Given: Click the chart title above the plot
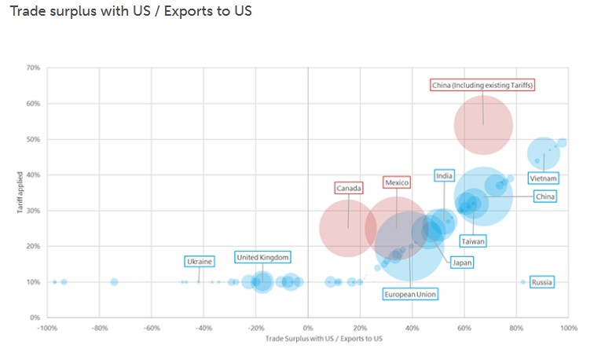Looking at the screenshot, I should tap(130, 13).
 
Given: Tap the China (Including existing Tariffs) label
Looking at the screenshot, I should tap(482, 85).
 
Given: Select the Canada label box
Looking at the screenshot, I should tap(348, 188).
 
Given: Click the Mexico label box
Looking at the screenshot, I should tap(397, 182).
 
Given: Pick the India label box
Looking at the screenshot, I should tap(444, 176).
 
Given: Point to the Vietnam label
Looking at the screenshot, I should tap(544, 178).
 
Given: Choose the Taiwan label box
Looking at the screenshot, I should tap(472, 241).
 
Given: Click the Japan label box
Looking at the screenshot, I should tap(461, 263).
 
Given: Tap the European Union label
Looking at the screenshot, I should tap(409, 294).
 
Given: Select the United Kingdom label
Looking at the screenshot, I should tap(262, 257).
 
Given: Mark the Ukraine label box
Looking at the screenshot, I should tap(199, 261).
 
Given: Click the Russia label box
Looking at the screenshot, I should tap(541, 281).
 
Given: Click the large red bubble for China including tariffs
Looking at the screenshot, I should tap(483, 125).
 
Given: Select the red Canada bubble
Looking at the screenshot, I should tap(348, 229).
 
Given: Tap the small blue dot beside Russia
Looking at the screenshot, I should tap(522, 281).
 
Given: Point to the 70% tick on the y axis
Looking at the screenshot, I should tap(34, 68).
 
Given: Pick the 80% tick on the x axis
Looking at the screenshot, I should tap(516, 329).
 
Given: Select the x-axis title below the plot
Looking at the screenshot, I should tap(324, 339).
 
